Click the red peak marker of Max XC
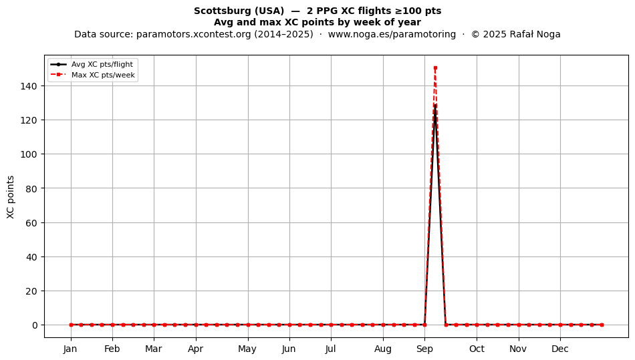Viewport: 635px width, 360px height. (x=435, y=68)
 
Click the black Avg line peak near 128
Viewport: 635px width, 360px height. (x=435, y=106)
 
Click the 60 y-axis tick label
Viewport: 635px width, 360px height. (x=31, y=223)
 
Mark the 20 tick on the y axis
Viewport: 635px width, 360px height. (x=31, y=291)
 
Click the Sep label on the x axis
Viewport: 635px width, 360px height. (x=424, y=349)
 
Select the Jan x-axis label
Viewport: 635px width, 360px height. (x=70, y=349)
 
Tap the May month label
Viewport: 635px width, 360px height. (x=247, y=349)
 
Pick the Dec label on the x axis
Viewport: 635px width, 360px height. (x=560, y=349)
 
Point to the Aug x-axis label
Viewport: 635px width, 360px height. (x=383, y=349)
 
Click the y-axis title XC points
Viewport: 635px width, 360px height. (x=11, y=197)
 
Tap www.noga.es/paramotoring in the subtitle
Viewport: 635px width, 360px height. (x=392, y=34)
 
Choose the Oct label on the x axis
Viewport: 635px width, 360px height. (x=477, y=349)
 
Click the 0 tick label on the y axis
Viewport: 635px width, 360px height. (x=35, y=325)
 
